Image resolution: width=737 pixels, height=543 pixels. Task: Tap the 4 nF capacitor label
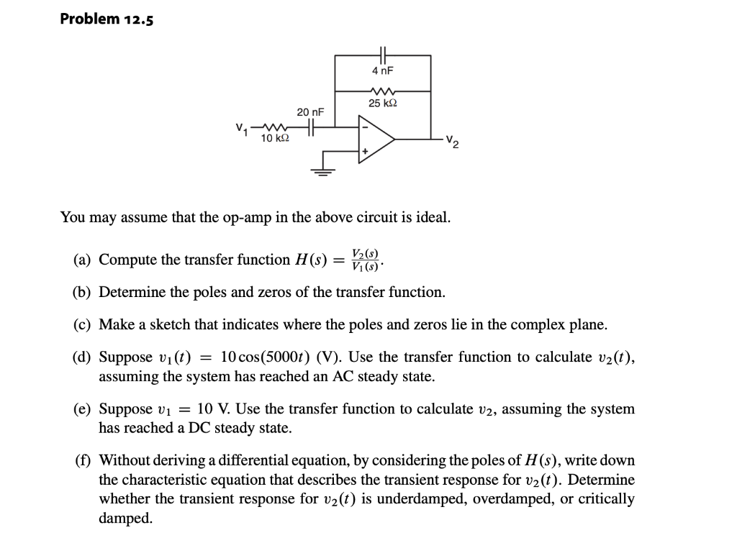pyautogui.click(x=382, y=71)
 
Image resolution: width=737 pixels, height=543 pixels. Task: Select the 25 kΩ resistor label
pyautogui.click(x=382, y=104)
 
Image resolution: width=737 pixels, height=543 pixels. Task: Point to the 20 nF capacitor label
pyautogui.click(x=311, y=112)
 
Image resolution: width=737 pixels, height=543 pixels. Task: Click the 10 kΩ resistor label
pyautogui.click(x=275, y=138)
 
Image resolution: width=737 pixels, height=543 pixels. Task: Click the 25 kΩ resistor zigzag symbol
pyautogui.click(x=382, y=91)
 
